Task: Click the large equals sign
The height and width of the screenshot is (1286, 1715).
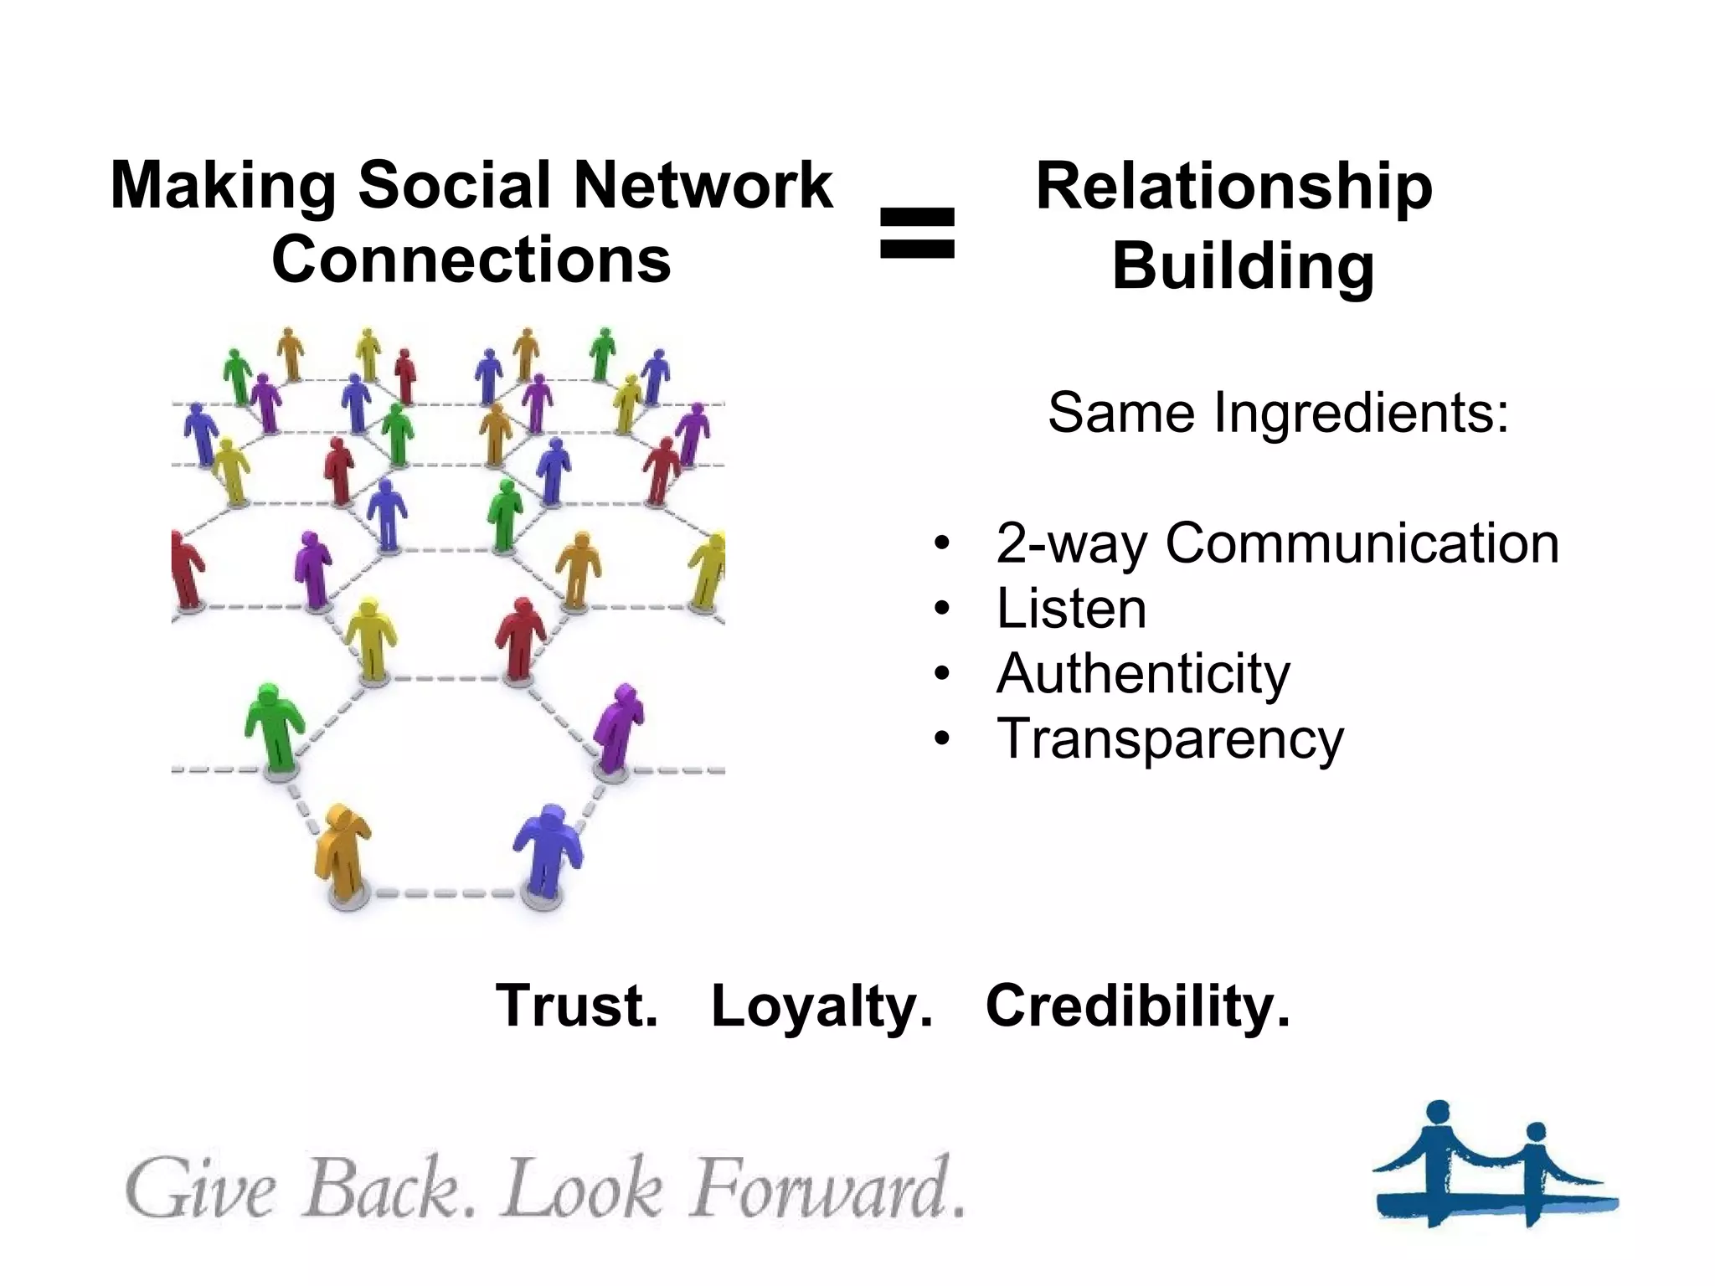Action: point(917,233)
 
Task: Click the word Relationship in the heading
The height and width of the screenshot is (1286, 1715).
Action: point(1233,186)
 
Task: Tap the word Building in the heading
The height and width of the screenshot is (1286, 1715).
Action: point(1243,266)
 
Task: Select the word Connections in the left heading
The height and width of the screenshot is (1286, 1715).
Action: point(471,259)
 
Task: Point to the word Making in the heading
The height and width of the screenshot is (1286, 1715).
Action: point(224,186)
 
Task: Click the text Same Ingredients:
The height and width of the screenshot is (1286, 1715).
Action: point(1278,413)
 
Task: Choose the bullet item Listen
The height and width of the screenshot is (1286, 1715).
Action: point(1071,609)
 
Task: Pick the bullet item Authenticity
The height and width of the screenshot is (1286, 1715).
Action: point(1143,674)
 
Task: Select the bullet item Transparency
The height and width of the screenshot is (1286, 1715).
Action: point(1170,739)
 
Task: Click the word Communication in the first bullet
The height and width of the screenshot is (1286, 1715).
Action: point(1362,543)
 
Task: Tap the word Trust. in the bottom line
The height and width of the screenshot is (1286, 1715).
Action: point(577,1006)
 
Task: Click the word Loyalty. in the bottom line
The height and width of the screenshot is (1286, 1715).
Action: point(821,1007)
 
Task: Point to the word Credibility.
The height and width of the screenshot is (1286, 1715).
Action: point(1138,1006)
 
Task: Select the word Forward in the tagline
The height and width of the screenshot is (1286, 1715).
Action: point(817,1189)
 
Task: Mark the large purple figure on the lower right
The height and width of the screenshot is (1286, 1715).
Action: point(618,727)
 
